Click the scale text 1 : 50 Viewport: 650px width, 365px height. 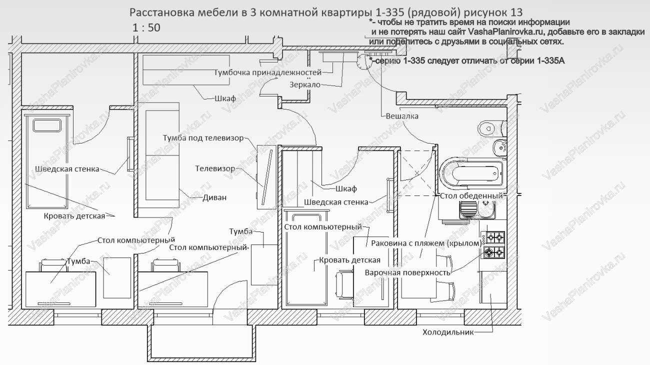coord(146,28)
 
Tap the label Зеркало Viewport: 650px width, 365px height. coord(304,84)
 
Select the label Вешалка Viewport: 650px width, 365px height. coord(402,116)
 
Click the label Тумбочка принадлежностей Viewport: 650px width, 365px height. coord(267,72)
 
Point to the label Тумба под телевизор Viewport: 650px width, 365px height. coord(203,137)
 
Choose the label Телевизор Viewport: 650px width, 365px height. coord(215,168)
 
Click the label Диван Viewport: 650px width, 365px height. coord(214,197)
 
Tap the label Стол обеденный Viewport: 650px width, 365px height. coord(470,195)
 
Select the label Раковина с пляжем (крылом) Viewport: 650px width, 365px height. coord(426,243)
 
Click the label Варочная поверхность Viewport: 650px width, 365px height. coord(407,272)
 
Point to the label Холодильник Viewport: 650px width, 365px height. coord(447,332)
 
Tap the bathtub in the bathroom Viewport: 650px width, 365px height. coord(472,173)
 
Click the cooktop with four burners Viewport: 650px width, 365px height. coord(492,244)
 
